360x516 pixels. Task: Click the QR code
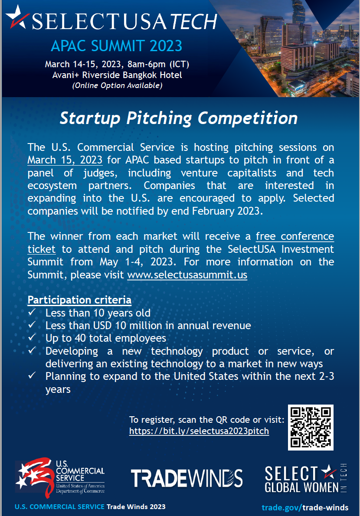(311, 428)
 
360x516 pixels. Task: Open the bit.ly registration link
(199, 431)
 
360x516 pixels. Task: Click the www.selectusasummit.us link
(187, 275)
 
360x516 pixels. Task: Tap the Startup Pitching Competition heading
(179, 118)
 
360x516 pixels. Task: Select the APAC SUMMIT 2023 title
(117, 46)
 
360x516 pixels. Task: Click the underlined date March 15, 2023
(65, 160)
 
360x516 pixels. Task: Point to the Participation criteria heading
(79, 300)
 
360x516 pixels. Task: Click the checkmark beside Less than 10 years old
(32, 312)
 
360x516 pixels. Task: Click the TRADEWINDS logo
(187, 478)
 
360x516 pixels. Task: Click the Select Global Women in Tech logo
(306, 478)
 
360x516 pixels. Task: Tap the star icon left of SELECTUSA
(17, 16)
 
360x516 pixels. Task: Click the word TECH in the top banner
(194, 22)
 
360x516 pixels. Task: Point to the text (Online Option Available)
(117, 85)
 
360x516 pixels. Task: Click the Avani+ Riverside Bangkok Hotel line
(117, 75)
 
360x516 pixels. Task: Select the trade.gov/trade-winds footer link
(305, 507)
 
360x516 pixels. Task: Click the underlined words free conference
(295, 236)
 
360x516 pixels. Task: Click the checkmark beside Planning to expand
(32, 375)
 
